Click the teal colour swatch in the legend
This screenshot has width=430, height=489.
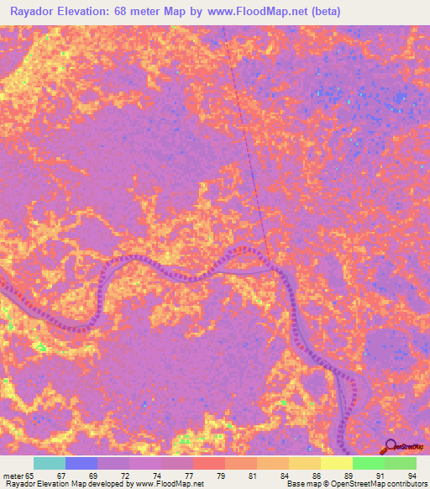click(50, 463)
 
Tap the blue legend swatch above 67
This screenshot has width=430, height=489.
click(81, 463)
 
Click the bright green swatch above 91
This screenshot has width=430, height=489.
click(368, 463)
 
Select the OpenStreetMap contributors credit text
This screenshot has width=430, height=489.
click(387, 484)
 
